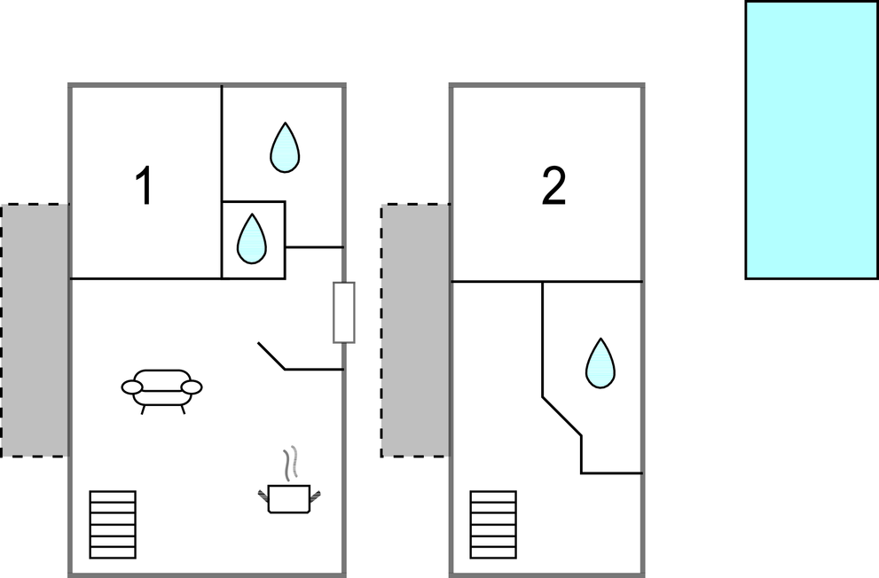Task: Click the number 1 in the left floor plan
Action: tap(145, 185)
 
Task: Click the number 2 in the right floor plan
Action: tap(553, 185)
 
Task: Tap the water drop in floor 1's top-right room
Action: tap(285, 147)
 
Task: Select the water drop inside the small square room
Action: tap(252, 238)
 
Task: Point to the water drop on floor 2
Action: tap(600, 363)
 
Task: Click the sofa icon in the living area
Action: tap(161, 390)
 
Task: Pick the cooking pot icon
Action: tap(289, 498)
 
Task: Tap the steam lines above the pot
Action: tap(290, 463)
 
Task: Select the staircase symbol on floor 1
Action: tap(113, 525)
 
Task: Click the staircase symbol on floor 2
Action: tap(493, 525)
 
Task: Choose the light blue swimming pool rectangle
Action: tap(812, 139)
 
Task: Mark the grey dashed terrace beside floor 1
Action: tap(35, 331)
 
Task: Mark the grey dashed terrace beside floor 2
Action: tap(415, 331)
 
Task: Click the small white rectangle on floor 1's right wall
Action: tap(344, 313)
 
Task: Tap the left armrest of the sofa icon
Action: tap(132, 387)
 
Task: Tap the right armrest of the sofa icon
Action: tap(192, 387)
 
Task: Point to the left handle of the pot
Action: tap(263, 496)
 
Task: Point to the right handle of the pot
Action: tap(316, 496)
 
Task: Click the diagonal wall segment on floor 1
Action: tap(271, 355)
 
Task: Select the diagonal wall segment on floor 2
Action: tap(561, 416)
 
